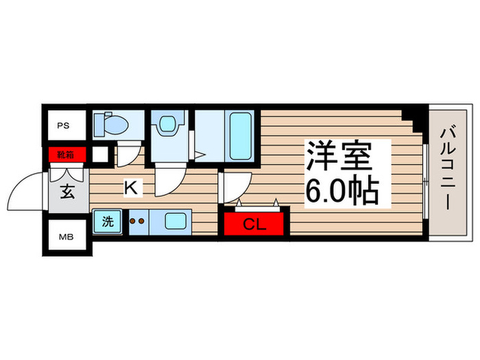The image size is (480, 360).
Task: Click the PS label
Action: pyautogui.click(x=63, y=126)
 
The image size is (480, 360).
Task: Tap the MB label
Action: pyautogui.click(x=63, y=238)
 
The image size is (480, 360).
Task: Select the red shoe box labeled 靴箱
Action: pyautogui.click(x=67, y=154)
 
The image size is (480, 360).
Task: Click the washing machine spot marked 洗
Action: pyautogui.click(x=108, y=221)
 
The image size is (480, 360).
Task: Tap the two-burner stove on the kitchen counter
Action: pyautogui.click(x=138, y=221)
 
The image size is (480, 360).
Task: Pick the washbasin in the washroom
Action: pyautogui.click(x=167, y=125)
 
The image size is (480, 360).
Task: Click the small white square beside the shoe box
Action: pyautogui.click(x=100, y=154)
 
